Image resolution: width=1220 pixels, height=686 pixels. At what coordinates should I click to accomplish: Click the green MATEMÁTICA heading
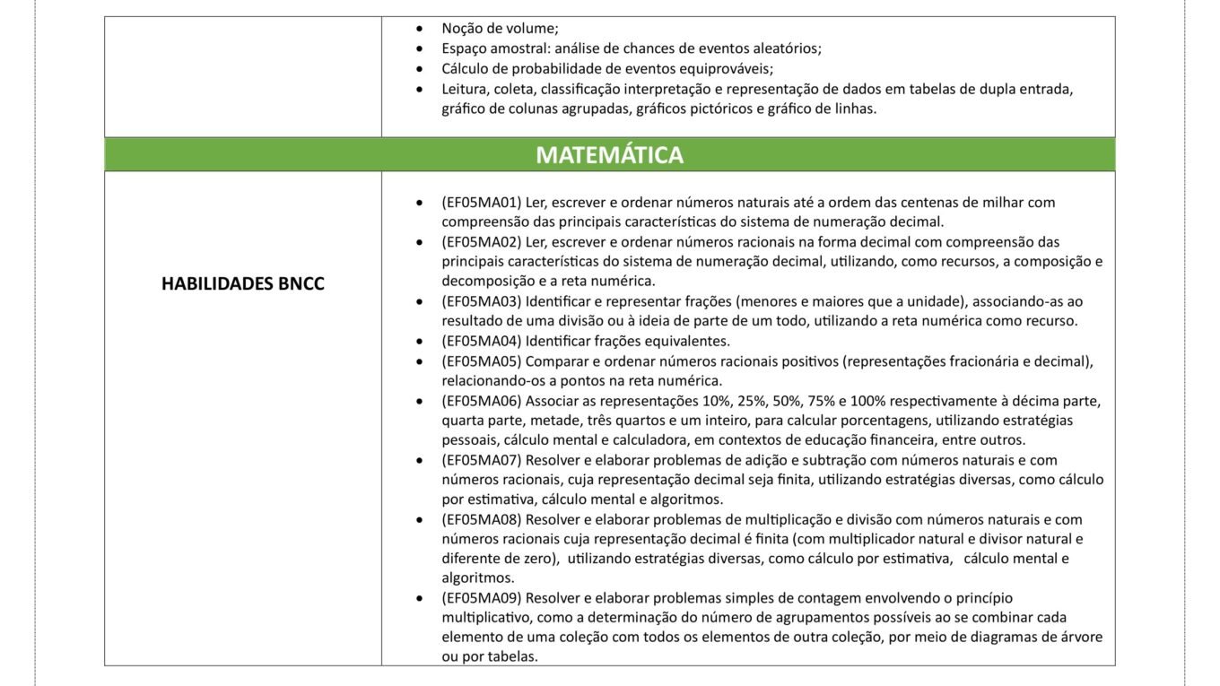[609, 155]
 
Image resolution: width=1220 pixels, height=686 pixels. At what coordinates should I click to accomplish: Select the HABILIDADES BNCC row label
[242, 283]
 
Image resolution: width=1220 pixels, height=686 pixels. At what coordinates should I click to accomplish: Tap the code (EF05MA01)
[481, 203]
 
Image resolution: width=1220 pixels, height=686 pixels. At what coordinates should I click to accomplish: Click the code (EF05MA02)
[481, 242]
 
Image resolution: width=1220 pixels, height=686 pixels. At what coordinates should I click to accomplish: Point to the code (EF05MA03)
[481, 301]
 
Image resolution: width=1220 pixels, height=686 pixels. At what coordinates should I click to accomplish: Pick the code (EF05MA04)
[481, 341]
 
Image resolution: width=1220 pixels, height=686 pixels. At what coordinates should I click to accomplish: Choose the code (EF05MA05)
[481, 361]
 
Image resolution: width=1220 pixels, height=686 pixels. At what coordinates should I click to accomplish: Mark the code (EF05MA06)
[481, 401]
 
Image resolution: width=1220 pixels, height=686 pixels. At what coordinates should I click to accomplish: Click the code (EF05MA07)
[481, 460]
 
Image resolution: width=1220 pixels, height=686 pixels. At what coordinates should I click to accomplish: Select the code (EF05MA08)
[481, 519]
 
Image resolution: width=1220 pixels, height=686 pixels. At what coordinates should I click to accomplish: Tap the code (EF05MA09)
[481, 598]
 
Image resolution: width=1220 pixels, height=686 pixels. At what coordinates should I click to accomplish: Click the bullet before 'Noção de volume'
[419, 29]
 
